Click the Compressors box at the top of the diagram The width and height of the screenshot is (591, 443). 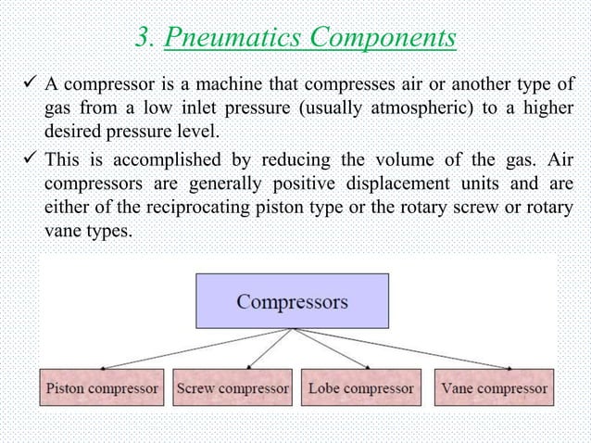click(x=292, y=301)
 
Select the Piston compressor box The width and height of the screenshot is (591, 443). click(x=102, y=387)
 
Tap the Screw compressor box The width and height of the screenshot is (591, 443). click(x=233, y=387)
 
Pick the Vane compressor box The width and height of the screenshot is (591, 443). click(x=494, y=387)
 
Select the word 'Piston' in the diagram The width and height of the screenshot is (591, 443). click(x=67, y=387)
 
